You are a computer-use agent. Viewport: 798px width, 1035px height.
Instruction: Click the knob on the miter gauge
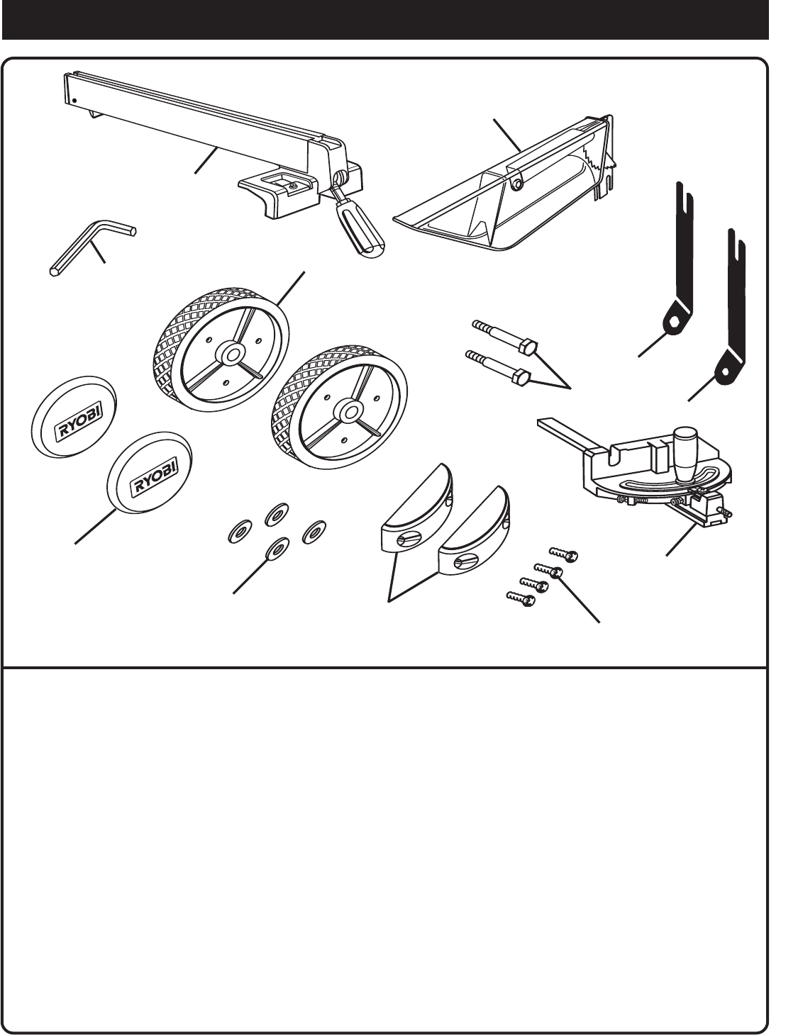pos(687,454)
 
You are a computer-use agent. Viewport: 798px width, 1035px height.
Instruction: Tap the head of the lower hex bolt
pos(523,376)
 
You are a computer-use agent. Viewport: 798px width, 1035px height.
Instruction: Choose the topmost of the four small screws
pos(571,555)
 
